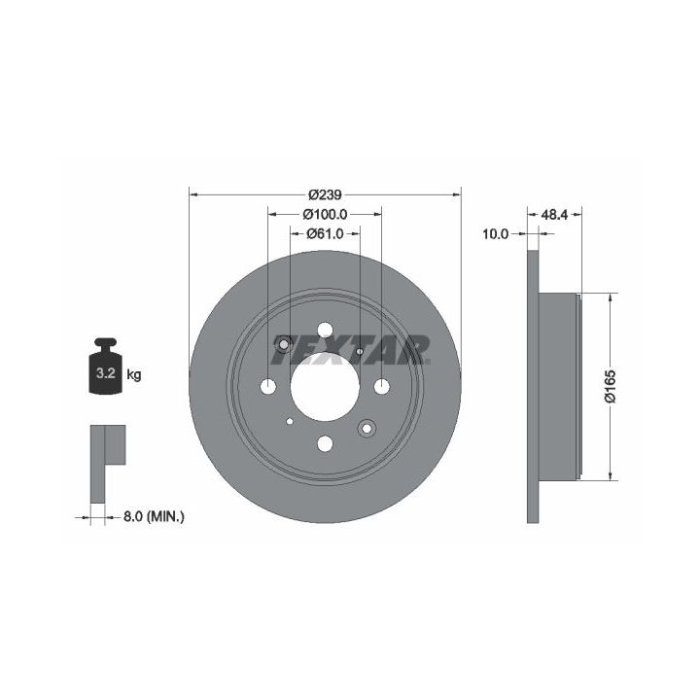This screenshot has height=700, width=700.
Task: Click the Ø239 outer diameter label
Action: pyautogui.click(x=325, y=194)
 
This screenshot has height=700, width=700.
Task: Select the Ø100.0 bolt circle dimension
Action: pyautogui.click(x=325, y=214)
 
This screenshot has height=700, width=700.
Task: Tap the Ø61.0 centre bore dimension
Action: pyautogui.click(x=325, y=233)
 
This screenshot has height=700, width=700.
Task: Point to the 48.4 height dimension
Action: pyautogui.click(x=554, y=215)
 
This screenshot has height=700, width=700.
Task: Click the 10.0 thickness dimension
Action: pyautogui.click(x=496, y=234)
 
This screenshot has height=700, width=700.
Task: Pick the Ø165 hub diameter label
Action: pyautogui.click(x=610, y=387)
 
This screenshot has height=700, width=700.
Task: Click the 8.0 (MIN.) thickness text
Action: pyautogui.click(x=154, y=517)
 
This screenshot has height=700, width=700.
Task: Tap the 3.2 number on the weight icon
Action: pyautogui.click(x=106, y=372)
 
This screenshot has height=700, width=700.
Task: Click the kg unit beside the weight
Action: pyautogui.click(x=133, y=374)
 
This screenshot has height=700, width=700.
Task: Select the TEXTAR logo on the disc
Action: pyautogui.click(x=351, y=350)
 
